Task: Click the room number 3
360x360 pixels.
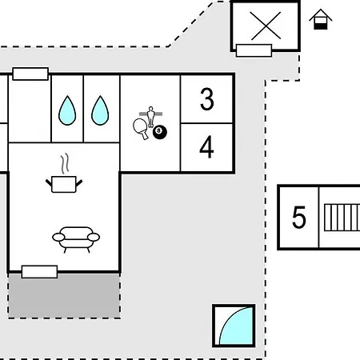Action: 207,99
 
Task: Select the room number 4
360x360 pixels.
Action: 206,146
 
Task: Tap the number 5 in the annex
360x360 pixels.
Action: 298,218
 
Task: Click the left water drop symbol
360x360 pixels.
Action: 67,110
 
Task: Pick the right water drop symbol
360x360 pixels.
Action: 100,110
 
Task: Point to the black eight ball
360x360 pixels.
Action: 160,132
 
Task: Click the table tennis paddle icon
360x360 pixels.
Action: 141,128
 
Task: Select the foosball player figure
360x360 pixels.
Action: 150,116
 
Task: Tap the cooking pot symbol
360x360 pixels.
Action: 64,184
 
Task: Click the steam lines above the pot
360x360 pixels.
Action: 65,163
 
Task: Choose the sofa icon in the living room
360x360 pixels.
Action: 76,239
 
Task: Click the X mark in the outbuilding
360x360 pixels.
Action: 266,26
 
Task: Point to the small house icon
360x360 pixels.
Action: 321,19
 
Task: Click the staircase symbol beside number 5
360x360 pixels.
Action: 342,218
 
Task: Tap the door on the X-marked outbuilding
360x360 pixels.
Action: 254,50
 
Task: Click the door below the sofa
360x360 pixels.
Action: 39,272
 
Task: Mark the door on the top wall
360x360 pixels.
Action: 30,74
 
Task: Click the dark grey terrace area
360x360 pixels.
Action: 64,295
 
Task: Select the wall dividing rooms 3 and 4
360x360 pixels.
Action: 206,123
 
